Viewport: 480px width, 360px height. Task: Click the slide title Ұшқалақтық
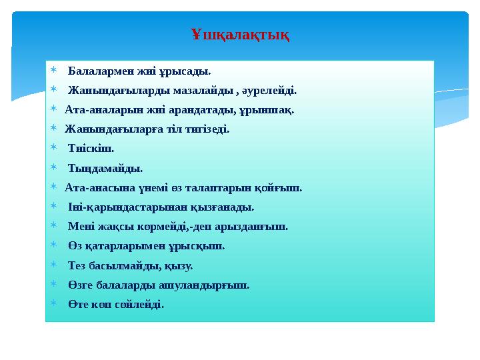pyautogui.click(x=240, y=34)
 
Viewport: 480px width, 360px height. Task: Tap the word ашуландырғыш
pyautogui.click(x=211, y=285)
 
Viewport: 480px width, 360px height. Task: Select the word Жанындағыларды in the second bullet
pyautogui.click(x=114, y=89)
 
